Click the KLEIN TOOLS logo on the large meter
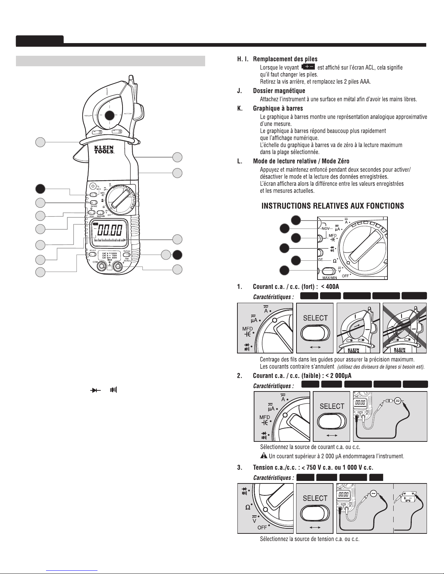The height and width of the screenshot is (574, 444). tap(104, 150)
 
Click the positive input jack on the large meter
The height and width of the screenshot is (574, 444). tap(117, 267)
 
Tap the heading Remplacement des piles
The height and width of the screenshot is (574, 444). tap(285, 59)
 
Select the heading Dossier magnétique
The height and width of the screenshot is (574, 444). tap(279, 91)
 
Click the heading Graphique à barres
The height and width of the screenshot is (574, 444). tap(278, 108)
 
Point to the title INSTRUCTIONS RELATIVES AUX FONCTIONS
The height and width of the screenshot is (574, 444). tap(333, 206)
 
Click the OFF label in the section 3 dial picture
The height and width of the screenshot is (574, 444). tap(262, 528)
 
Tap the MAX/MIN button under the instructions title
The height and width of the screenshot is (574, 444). tap(328, 272)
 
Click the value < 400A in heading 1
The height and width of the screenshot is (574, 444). tap(330, 287)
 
